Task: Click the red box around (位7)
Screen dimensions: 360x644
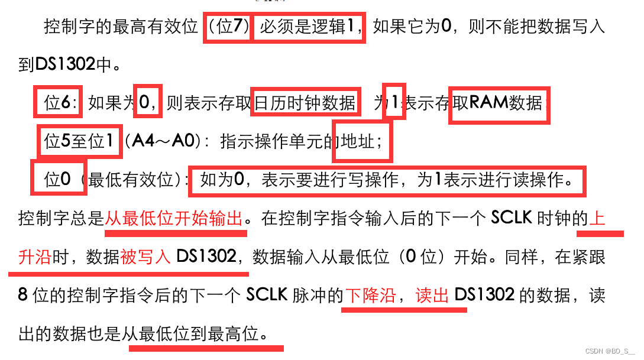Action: click(x=228, y=27)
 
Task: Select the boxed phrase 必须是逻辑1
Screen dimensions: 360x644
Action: click(x=309, y=27)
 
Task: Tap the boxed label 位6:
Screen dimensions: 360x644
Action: click(x=59, y=103)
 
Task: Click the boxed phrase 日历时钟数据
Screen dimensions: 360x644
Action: click(x=305, y=103)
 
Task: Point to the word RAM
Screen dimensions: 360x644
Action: click(x=488, y=103)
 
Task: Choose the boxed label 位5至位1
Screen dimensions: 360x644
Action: click(x=79, y=141)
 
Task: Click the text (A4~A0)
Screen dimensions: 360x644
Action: click(x=167, y=141)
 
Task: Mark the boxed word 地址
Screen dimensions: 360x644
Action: click(x=361, y=141)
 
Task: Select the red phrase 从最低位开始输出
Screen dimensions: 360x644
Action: click(x=174, y=219)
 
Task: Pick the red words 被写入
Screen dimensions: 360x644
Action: click(x=145, y=257)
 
